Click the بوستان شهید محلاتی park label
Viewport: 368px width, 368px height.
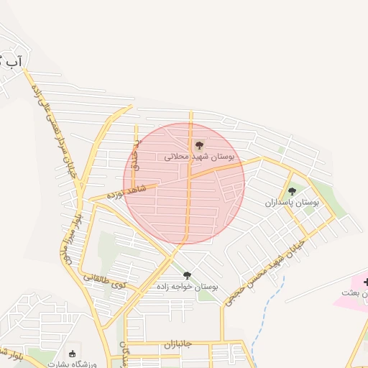pos(200,156)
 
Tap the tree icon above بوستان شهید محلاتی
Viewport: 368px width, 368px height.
pos(199,145)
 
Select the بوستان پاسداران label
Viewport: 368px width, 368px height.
pos(292,203)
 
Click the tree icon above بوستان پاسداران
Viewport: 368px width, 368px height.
pos(292,191)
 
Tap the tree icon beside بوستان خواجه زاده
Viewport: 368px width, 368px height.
pos(188,275)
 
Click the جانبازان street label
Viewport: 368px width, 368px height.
pos(178,344)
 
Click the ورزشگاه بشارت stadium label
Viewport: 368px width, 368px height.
pos(71,364)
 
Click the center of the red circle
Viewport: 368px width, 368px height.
pos(184,183)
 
